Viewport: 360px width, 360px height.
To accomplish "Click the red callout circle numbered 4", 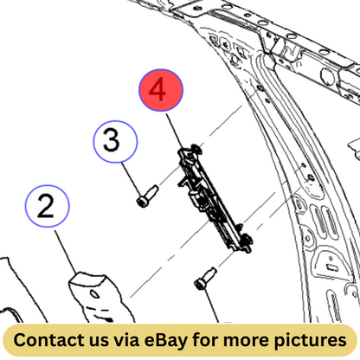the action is point(161,90).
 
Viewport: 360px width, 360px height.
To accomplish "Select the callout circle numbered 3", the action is point(115,141).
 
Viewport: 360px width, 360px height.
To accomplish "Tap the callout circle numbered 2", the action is point(48,206).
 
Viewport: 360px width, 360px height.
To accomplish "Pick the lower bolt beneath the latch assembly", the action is point(205,279).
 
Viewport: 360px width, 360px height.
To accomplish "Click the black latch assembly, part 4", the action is point(215,199).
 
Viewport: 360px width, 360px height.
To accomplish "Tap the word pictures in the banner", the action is point(310,340).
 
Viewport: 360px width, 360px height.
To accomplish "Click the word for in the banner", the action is point(205,340).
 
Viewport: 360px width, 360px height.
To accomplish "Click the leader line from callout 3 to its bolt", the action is point(132,179).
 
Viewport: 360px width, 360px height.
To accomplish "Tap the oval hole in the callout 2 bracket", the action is point(94,294).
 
